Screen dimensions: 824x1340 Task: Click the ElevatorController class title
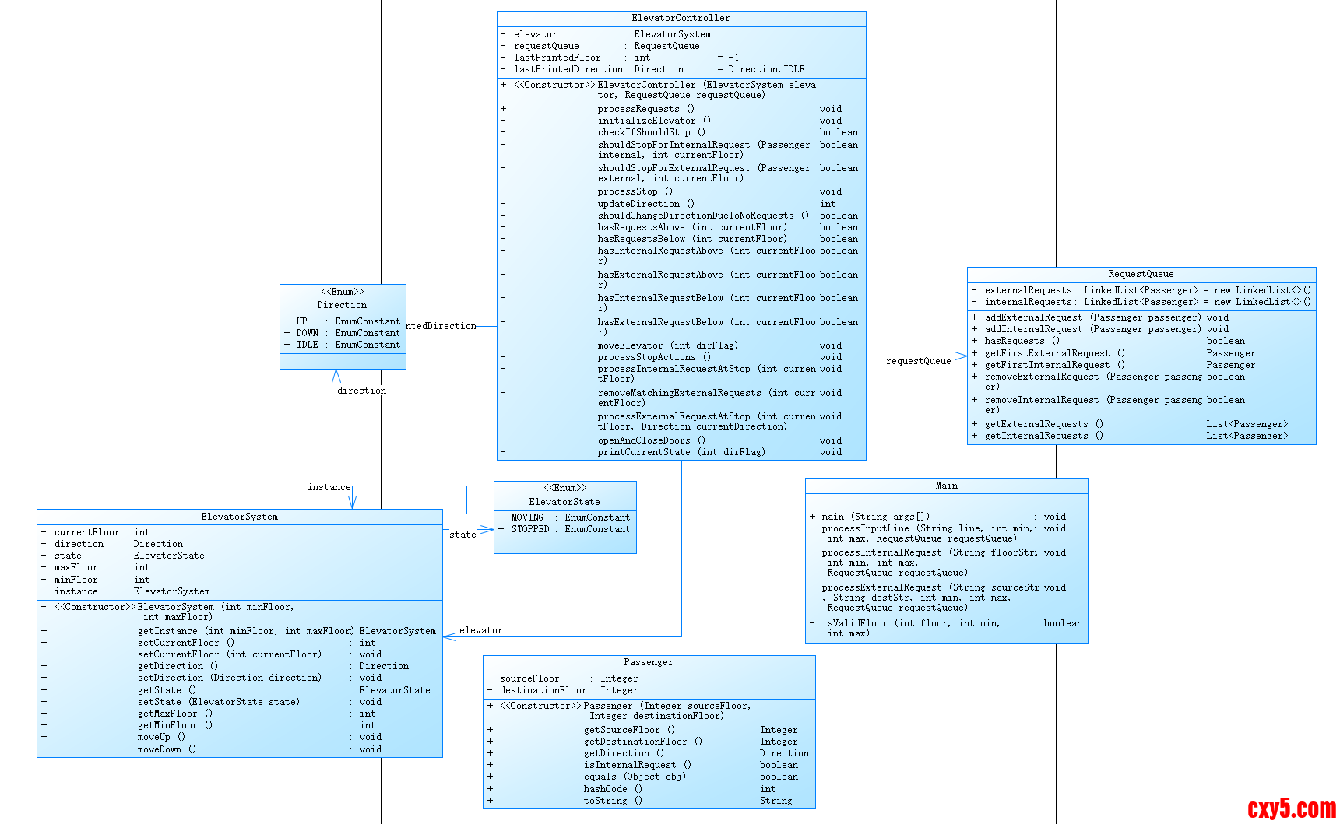[x=681, y=18]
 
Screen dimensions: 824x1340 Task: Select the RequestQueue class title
[x=1141, y=274]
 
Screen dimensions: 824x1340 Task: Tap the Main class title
[x=946, y=486]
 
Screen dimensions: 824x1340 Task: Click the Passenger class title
[x=648, y=662]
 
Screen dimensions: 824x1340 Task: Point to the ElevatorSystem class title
[x=239, y=517]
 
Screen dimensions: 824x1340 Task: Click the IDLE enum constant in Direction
[x=308, y=345]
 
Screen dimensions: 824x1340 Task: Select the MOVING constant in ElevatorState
[x=527, y=517]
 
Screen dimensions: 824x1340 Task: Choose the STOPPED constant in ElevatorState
[x=530, y=529]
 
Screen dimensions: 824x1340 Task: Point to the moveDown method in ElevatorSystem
[x=166, y=749]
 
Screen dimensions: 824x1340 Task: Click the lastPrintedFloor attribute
[x=557, y=58]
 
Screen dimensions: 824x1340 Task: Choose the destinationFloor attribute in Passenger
[x=543, y=690]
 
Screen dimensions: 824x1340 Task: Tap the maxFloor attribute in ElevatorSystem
[x=76, y=567]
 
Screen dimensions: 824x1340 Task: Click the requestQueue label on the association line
[x=918, y=361]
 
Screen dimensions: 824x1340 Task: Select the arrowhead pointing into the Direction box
[x=336, y=376]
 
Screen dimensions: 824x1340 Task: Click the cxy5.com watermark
[x=1291, y=808]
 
